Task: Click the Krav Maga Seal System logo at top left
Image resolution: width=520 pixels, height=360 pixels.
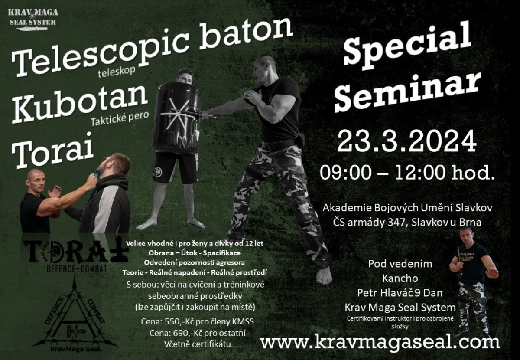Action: tap(33, 20)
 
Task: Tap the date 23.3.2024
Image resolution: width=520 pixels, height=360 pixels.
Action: tap(407, 141)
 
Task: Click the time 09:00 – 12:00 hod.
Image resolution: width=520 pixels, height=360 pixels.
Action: tap(407, 173)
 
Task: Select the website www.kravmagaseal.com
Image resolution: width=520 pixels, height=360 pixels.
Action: tap(380, 342)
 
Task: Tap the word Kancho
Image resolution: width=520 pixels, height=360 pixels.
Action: tap(400, 278)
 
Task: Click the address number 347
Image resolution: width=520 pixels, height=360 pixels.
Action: tap(398, 223)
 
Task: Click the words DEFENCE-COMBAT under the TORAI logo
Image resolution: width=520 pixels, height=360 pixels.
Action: tap(77, 269)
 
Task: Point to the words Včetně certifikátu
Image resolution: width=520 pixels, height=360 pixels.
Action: tap(197, 344)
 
